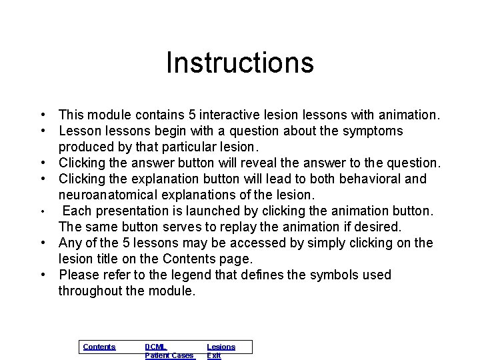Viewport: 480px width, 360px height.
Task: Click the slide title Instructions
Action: coord(239,63)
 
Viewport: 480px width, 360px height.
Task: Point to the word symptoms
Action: coord(373,131)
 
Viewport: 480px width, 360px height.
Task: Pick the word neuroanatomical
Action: coord(110,195)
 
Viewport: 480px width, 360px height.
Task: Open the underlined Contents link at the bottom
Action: coord(99,347)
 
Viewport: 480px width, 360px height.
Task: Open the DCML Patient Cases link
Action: coord(169,351)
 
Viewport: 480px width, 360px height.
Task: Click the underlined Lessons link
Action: coord(221,347)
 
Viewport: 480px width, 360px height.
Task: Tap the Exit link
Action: coord(213,356)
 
